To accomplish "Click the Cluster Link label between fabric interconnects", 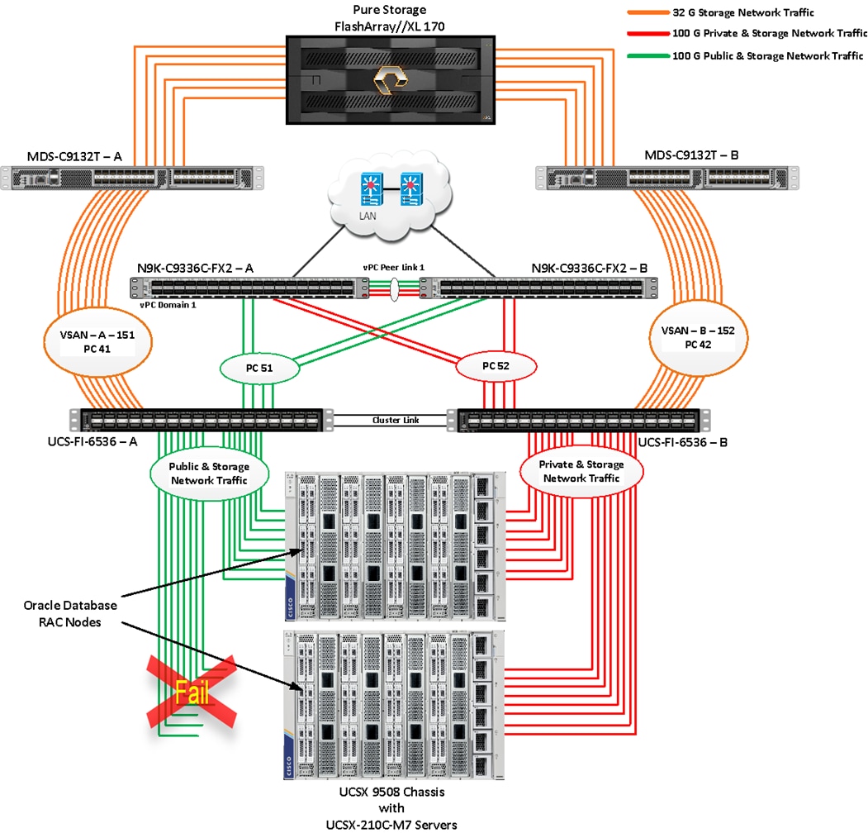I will pos(396,420).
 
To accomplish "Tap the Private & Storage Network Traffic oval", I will pos(581,471).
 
